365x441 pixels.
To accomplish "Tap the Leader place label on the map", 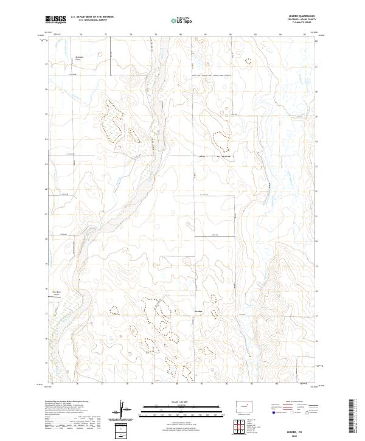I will click(x=197, y=312).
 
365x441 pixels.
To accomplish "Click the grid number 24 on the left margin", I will click(x=47, y=139).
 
